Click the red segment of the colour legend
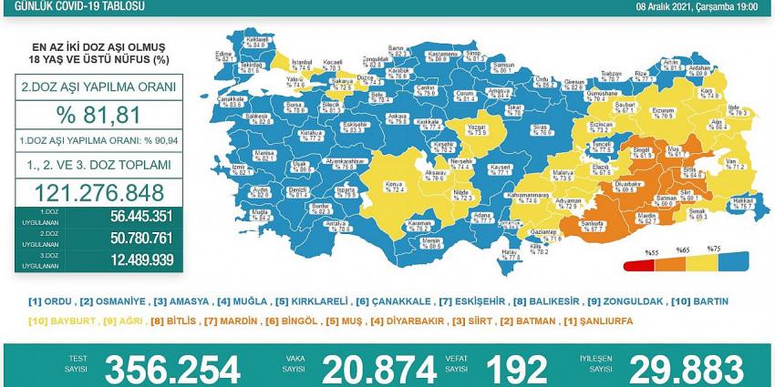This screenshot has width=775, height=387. pos(638,266)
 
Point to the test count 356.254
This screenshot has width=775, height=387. pos(172,369)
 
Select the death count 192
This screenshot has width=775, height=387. pos(515,369)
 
